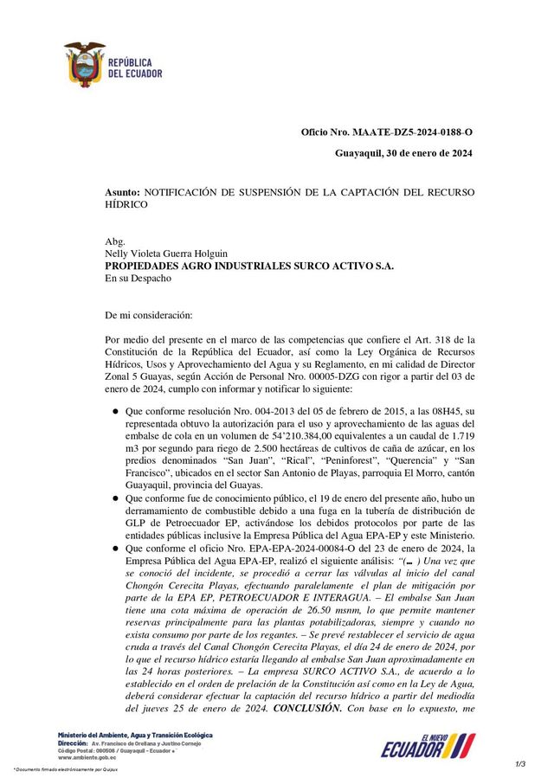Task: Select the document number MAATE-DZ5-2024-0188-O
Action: click(x=413, y=132)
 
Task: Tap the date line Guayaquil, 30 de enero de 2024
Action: click(x=403, y=154)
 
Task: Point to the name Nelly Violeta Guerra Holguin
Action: click(x=166, y=254)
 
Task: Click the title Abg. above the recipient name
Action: click(x=115, y=241)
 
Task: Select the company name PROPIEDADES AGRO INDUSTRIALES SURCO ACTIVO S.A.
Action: click(x=249, y=267)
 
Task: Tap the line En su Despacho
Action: click(x=138, y=279)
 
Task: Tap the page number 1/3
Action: click(x=520, y=763)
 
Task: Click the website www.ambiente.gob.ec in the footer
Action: click(x=87, y=757)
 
